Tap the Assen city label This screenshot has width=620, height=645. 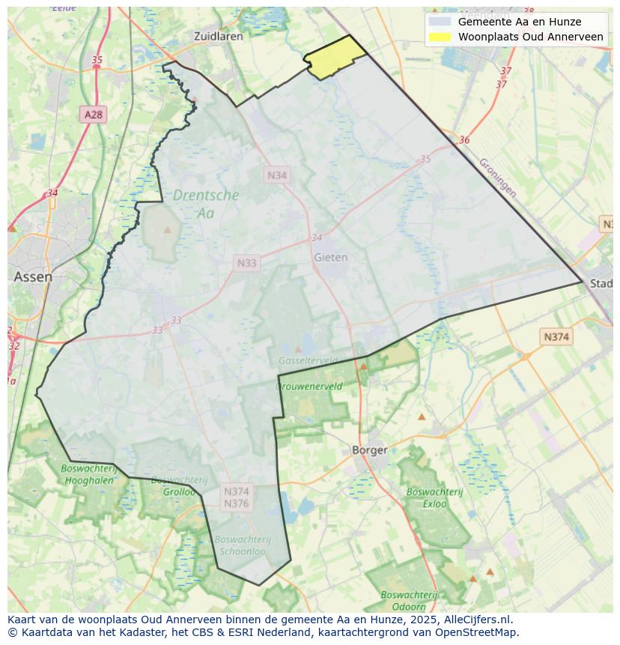(33, 276)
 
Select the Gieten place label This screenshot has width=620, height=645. (330, 257)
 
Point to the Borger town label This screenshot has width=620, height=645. (370, 450)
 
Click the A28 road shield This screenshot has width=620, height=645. (94, 115)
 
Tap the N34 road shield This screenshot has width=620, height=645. (277, 175)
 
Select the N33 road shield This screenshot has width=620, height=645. (246, 263)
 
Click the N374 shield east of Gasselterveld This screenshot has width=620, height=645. (556, 337)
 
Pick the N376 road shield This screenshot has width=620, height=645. (236, 503)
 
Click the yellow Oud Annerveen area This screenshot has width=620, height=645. (334, 58)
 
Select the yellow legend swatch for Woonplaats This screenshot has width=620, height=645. (440, 37)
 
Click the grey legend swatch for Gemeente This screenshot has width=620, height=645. (440, 22)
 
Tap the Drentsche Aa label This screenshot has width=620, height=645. (206, 204)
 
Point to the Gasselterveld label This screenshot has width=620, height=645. (308, 360)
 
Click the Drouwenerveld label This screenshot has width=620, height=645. (309, 387)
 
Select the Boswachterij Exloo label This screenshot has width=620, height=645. (435, 497)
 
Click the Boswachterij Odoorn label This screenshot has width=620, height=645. (408, 599)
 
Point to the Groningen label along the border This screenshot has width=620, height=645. (497, 177)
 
